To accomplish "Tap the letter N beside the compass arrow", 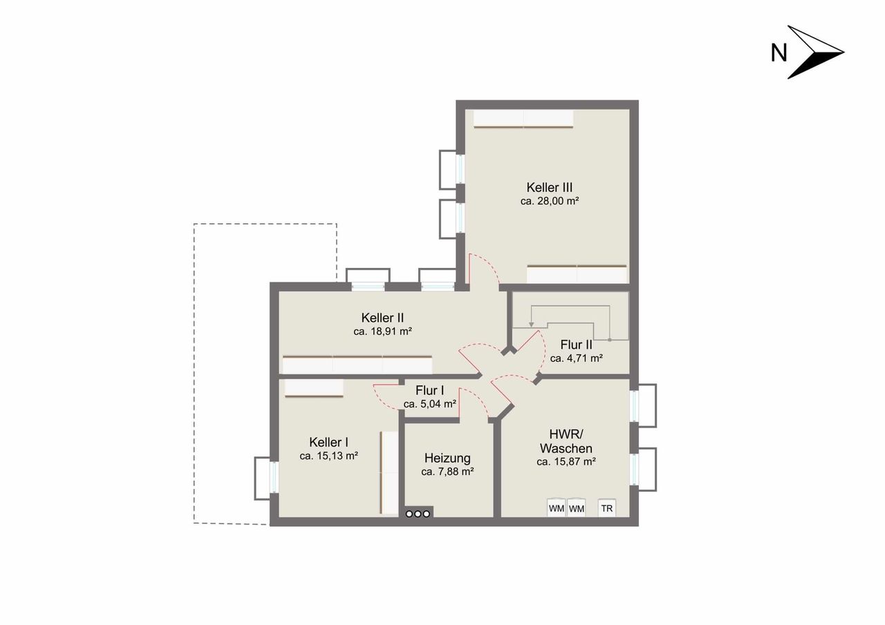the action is pyautogui.click(x=779, y=53).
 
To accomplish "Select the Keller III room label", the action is pyautogui.click(x=549, y=187).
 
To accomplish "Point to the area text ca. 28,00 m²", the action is pyautogui.click(x=550, y=201).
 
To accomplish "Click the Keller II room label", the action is pyautogui.click(x=382, y=318).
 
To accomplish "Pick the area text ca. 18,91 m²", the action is pyautogui.click(x=382, y=331).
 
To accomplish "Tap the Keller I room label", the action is pyautogui.click(x=328, y=442).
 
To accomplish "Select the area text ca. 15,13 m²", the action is pyautogui.click(x=328, y=456).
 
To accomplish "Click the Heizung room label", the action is pyautogui.click(x=447, y=458).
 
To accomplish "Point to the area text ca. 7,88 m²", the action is pyautogui.click(x=447, y=472).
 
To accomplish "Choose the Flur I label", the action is pyautogui.click(x=429, y=390).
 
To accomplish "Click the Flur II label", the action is pyautogui.click(x=576, y=345).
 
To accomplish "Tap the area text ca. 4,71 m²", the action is pyautogui.click(x=576, y=358).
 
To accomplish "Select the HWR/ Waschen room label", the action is pyautogui.click(x=566, y=441).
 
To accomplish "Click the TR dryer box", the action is pyautogui.click(x=607, y=508).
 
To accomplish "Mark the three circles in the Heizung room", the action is pyautogui.click(x=418, y=514).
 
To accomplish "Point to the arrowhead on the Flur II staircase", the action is pyautogui.click(x=532, y=324).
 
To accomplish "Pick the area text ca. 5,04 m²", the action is pyautogui.click(x=430, y=404).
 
